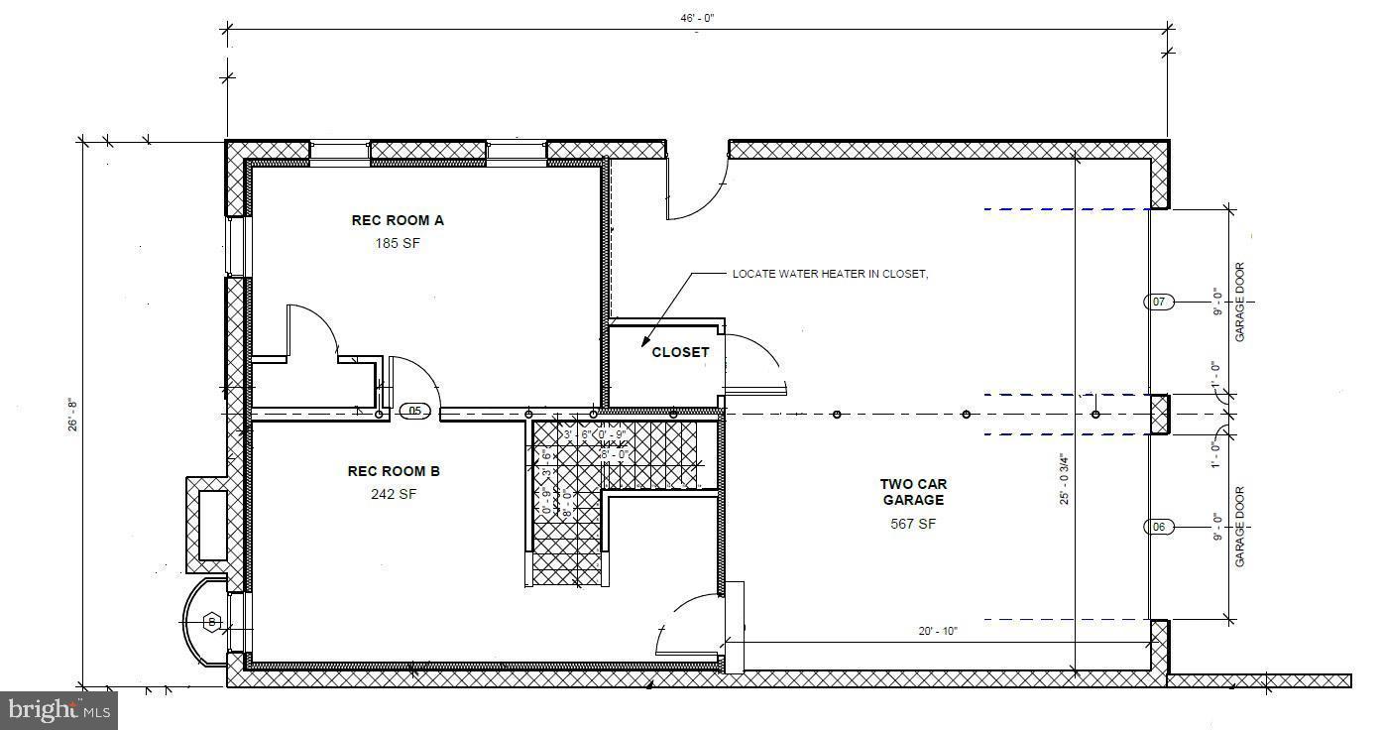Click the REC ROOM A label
click(x=398, y=220)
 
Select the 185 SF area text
click(x=398, y=243)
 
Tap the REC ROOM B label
click(x=394, y=471)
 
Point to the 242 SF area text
click(x=394, y=494)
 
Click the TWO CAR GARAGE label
click(x=913, y=492)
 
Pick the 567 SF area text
click(x=913, y=524)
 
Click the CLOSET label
click(x=680, y=352)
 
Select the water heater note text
click(x=830, y=274)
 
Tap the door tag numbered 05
click(x=415, y=411)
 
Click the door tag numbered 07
click(x=1160, y=302)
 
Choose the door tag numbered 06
click(x=1160, y=527)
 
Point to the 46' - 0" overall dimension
click(x=697, y=18)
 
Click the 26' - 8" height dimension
click(x=70, y=415)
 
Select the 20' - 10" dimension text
click(x=937, y=631)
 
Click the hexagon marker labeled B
click(x=211, y=622)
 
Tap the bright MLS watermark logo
click(x=58, y=709)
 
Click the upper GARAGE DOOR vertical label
click(x=1239, y=303)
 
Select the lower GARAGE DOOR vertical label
click(x=1239, y=527)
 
